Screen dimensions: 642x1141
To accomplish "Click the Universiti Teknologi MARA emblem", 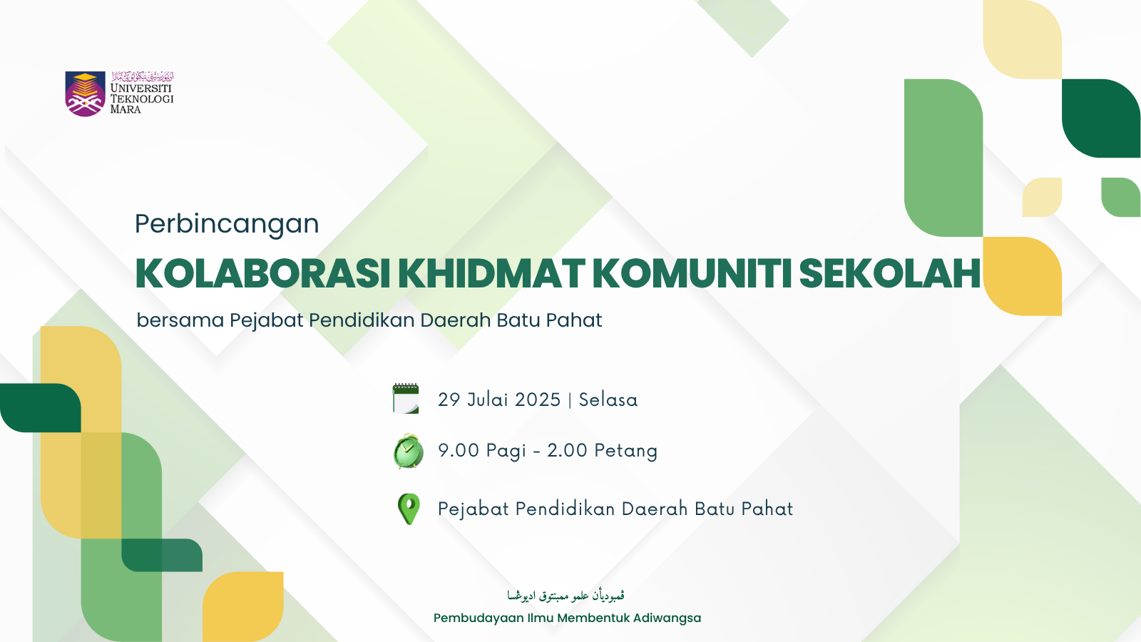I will click(85, 93).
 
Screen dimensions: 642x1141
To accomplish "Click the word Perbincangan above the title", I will click(227, 224).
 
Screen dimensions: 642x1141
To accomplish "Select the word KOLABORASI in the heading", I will click(262, 273).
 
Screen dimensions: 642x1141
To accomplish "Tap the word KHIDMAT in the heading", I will click(491, 273).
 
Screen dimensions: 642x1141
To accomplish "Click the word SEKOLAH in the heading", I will click(890, 273).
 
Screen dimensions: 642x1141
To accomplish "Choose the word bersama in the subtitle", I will click(180, 320).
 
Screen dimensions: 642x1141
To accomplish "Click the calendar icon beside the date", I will click(406, 398).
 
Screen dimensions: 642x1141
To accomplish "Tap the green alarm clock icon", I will click(408, 451).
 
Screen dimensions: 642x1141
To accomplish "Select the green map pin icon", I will click(409, 509).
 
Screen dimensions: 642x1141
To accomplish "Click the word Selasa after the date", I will click(608, 399).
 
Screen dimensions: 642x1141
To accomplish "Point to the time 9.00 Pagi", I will click(482, 451).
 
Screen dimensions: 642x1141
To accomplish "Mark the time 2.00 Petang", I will click(603, 451).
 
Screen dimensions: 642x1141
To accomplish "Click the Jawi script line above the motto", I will click(566, 596).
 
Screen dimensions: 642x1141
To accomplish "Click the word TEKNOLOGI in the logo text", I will click(142, 99).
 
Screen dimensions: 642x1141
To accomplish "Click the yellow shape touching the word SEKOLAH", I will click(1022, 276).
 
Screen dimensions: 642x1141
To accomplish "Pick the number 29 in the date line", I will click(449, 399).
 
